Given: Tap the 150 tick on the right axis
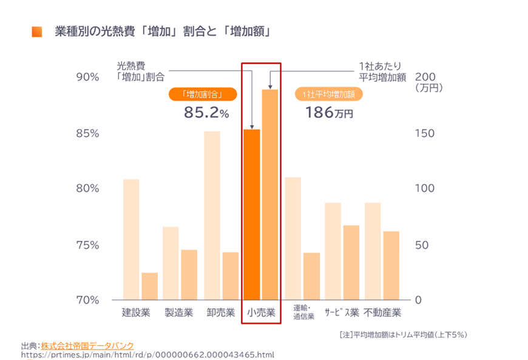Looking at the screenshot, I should coord(424,133).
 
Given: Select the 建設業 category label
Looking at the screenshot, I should coord(136,313).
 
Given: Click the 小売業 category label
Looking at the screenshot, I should coord(262,313).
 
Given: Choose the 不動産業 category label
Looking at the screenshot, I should coord(382,313).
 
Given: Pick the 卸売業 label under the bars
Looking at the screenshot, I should coord(220,313).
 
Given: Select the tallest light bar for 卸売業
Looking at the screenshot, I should coord(212,216).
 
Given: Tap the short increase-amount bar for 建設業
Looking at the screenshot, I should coord(149,286).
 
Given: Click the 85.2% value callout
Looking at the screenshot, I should coord(207,112).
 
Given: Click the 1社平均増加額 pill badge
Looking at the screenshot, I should coord(328,95).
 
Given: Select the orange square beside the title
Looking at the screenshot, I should coord(37,32).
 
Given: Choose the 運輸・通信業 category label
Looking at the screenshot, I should coord(303,312).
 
